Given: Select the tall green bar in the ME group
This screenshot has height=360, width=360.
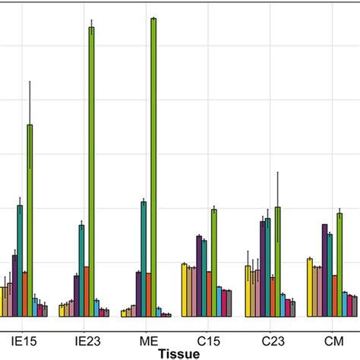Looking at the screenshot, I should click(153, 167).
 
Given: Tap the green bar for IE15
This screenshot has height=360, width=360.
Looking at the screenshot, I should click(30, 220).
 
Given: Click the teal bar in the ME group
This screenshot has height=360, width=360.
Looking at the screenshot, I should click(144, 258).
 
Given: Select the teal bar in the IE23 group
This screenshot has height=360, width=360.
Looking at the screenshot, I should click(81, 270).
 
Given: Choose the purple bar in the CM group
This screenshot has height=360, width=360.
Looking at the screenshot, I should click(325, 270).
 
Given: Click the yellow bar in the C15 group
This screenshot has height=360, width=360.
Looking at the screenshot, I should click(184, 289).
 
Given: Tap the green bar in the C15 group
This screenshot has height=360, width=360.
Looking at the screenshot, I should click(214, 262).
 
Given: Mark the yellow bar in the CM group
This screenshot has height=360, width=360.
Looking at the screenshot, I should click(310, 287).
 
